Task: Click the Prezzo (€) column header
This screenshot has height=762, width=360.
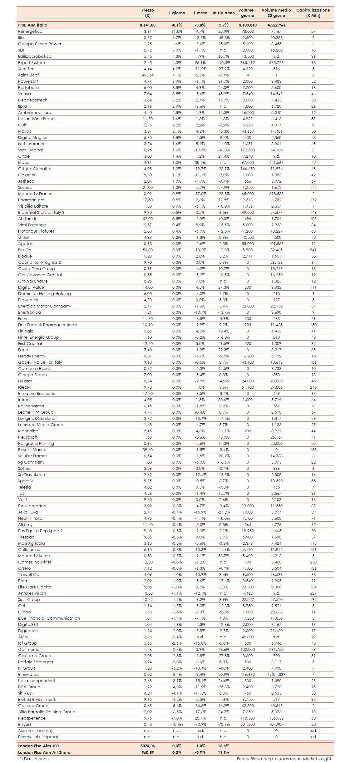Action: pos(148,13)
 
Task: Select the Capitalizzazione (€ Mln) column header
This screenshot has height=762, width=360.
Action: pos(313,13)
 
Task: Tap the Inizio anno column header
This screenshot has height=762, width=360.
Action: pos(224,13)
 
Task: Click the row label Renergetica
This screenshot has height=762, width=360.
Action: pos(30,32)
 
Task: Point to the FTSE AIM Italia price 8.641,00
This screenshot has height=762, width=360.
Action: pos(148,25)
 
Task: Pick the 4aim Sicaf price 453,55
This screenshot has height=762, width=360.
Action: pos(148,75)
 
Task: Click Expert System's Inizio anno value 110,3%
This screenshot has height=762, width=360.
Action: pos(224,63)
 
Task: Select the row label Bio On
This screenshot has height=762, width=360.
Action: pos(25,250)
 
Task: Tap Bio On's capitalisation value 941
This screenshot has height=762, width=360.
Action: pos(313,250)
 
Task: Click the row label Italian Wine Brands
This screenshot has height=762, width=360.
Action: pos(37,119)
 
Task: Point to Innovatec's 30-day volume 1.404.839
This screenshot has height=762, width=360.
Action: pos(276,675)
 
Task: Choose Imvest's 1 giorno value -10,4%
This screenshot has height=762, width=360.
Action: pos(177,725)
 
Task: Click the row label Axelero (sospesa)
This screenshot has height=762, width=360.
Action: pos(35,731)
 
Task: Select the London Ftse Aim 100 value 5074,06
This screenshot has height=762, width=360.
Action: pos(148,746)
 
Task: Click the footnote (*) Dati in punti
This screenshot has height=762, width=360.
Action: pos(33,759)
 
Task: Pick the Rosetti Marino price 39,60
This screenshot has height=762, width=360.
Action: pos(148,450)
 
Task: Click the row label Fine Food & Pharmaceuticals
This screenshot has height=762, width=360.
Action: pos(47,325)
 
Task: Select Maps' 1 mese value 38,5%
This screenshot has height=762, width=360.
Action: pos(200,163)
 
